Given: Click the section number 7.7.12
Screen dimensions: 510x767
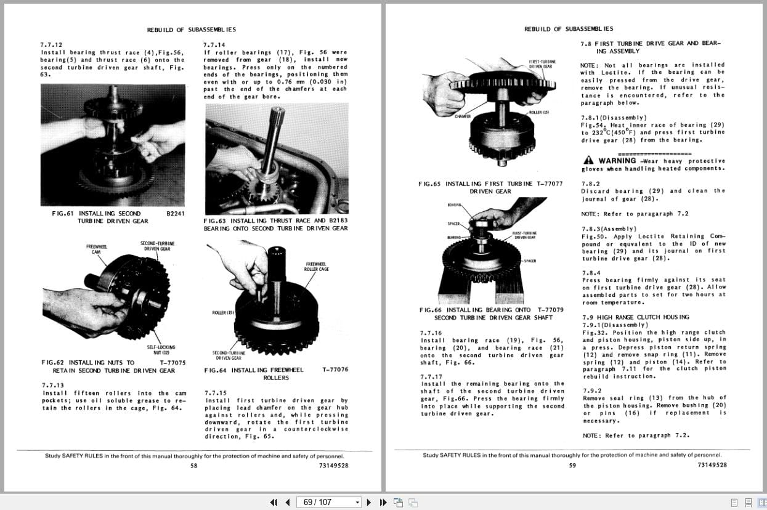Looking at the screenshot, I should pyautogui.click(x=51, y=45).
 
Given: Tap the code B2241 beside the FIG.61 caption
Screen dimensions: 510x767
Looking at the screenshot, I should pyautogui.click(x=176, y=213).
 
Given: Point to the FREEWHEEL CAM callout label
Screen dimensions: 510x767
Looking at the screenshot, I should pyautogui.click(x=96, y=249).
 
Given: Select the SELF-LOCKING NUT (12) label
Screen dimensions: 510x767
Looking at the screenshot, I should pyautogui.click(x=161, y=350).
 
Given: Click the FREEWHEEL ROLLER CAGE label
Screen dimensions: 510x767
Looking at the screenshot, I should pyautogui.click(x=315, y=266).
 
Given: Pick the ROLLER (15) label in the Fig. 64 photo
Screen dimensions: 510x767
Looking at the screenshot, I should pyautogui.click(x=223, y=313).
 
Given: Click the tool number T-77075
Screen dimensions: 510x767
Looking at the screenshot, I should pyautogui.click(x=172, y=363).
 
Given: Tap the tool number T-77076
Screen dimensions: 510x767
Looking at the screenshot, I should pyautogui.click(x=335, y=370).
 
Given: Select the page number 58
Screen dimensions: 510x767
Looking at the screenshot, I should pyautogui.click(x=194, y=466).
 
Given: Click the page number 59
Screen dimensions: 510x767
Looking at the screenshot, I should pyautogui.click(x=572, y=465).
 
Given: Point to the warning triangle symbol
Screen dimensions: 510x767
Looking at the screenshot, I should pyautogui.click(x=589, y=160).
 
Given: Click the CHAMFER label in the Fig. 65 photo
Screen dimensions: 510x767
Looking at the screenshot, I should pyautogui.click(x=463, y=116).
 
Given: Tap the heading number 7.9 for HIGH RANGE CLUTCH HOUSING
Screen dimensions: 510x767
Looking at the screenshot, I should pyautogui.click(x=588, y=317).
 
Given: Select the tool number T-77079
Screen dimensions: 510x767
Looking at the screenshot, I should pyautogui.click(x=550, y=310).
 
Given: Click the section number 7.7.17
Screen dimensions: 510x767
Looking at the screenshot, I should pyautogui.click(x=431, y=376).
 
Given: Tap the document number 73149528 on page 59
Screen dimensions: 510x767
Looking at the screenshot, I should pyautogui.click(x=712, y=465).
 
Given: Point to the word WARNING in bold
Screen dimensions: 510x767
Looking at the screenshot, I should pyautogui.click(x=617, y=160).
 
